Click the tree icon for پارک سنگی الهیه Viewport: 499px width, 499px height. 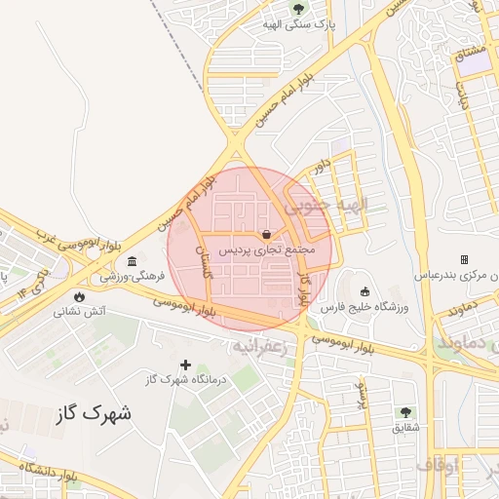pos(298,11)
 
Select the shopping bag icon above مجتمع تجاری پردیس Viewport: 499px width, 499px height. pos(266,234)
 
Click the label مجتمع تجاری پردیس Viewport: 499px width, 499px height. pos(266,250)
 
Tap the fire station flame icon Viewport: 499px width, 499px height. pos(79,296)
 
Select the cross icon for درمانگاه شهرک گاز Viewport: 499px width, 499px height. pos(185,365)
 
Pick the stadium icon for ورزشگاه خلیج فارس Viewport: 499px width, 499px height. pos(365,290)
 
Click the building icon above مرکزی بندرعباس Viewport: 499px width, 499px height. pos(464,259)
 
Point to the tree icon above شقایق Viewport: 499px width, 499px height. pos(405,412)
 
